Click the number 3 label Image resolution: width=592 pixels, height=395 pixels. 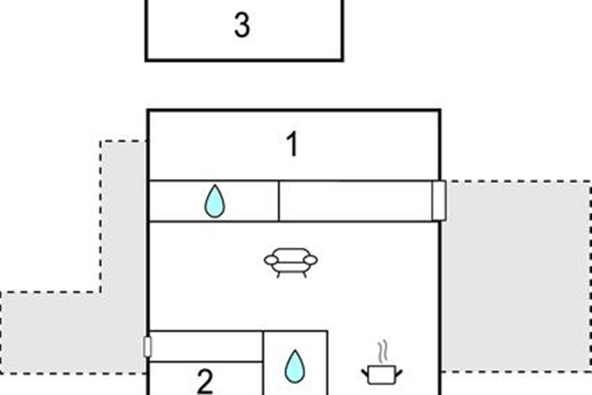[x=242, y=26]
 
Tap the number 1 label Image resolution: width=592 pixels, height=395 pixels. [x=293, y=145]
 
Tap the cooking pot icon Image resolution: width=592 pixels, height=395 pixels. [x=382, y=374]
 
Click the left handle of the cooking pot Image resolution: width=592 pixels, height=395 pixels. [x=365, y=371]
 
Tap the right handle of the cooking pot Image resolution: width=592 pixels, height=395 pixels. [x=399, y=371]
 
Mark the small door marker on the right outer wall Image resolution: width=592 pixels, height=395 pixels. [x=439, y=200]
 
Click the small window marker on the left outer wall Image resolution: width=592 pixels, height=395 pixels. [x=147, y=347]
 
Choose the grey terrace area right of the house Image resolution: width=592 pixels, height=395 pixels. [x=516, y=276]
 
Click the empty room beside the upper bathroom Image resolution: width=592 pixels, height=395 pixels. [x=355, y=201]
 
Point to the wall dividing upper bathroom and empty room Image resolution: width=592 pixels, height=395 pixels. [x=279, y=201]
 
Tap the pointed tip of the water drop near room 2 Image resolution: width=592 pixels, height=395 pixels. [x=295, y=352]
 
